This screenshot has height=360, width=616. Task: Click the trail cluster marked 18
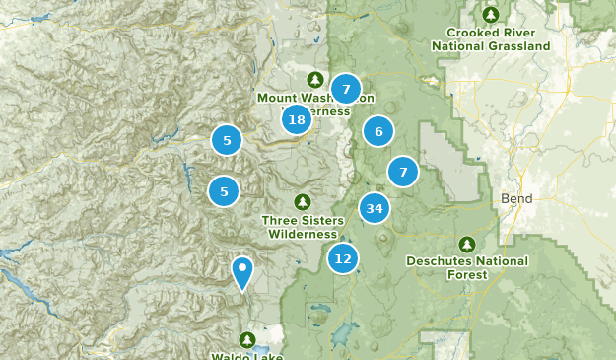pos(297,120)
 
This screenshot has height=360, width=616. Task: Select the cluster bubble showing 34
pos(374,208)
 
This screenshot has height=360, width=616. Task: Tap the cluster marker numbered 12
pos(342,258)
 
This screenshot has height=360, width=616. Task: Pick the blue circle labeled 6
pos(377,130)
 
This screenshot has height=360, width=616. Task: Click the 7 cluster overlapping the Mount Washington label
pos(345,89)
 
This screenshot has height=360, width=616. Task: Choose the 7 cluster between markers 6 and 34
pos(402,172)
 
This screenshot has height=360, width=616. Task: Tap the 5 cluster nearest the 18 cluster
pos(227,141)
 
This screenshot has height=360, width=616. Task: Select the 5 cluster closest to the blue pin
pos(225,190)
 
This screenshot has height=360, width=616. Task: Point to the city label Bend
pos(516,198)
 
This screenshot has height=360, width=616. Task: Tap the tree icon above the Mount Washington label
pos(314,79)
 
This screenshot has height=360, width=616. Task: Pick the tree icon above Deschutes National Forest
pos(466,244)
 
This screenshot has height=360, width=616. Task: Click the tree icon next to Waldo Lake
pos(244,340)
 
